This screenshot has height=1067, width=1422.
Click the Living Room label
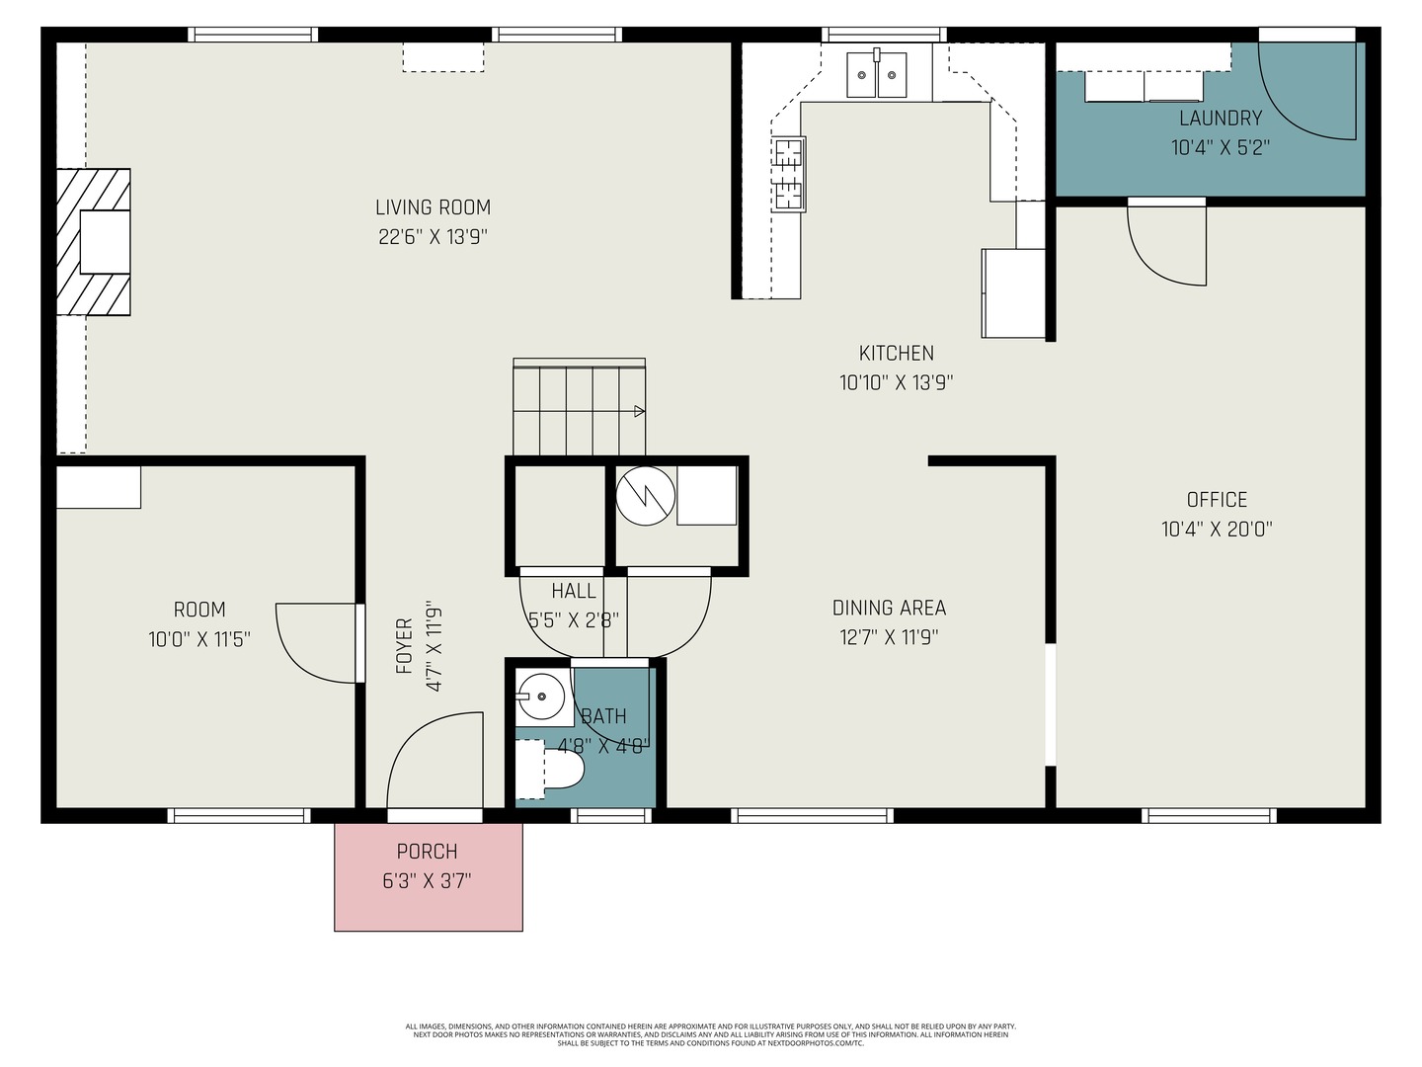433,207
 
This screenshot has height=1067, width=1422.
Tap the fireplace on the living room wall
95,242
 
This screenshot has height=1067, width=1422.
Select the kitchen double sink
877,74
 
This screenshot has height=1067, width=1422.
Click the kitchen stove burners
789,174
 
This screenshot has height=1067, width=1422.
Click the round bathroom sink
540,696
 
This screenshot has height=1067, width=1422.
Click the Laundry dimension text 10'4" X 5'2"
1220,148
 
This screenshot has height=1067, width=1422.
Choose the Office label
1217,500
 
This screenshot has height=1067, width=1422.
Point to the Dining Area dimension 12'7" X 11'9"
889,637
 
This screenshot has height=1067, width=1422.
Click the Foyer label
404,646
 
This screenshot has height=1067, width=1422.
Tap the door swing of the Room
316,642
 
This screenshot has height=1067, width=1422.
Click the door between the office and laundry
1167,242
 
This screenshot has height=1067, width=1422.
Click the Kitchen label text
896,353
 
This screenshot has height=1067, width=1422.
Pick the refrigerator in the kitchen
1013,292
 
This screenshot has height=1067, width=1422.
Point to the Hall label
573,591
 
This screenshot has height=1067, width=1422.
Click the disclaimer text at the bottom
710,1034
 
